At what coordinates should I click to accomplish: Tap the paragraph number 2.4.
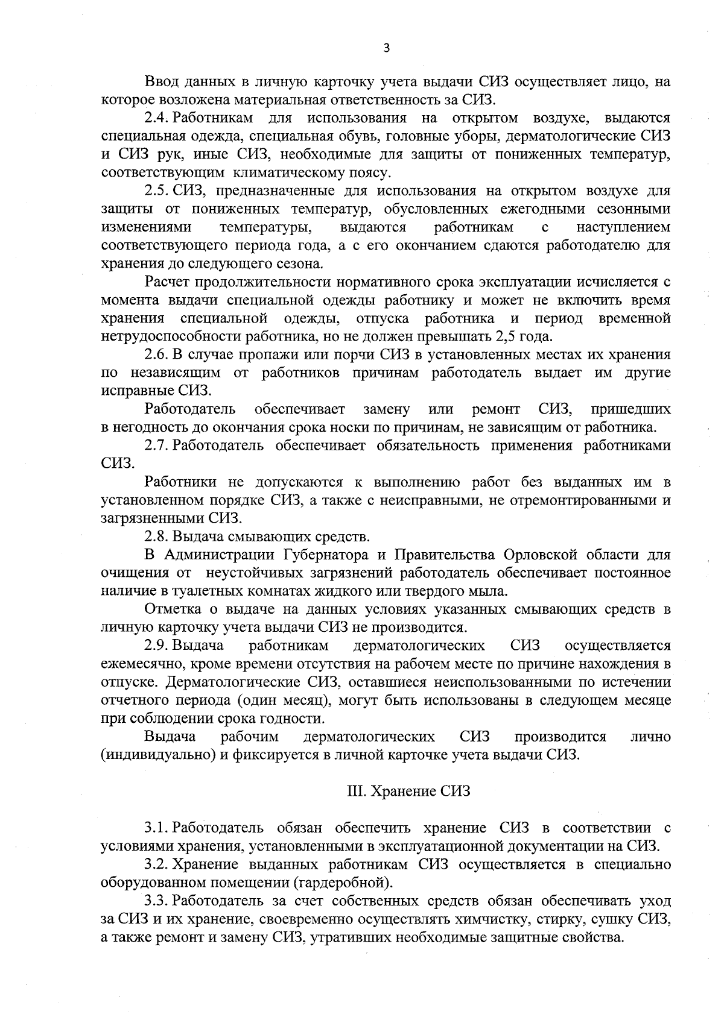click(156, 118)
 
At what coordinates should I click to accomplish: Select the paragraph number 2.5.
click(156, 191)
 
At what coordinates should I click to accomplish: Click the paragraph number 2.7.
click(156, 445)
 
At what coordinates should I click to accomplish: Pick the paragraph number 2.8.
click(156, 537)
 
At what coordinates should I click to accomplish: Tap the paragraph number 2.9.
click(156, 646)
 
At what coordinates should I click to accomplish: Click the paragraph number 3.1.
click(156, 828)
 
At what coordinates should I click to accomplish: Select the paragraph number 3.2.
click(156, 864)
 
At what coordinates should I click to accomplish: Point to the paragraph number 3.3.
click(156, 901)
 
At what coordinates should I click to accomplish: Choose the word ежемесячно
click(135, 664)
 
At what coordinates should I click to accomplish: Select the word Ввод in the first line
click(161, 81)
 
